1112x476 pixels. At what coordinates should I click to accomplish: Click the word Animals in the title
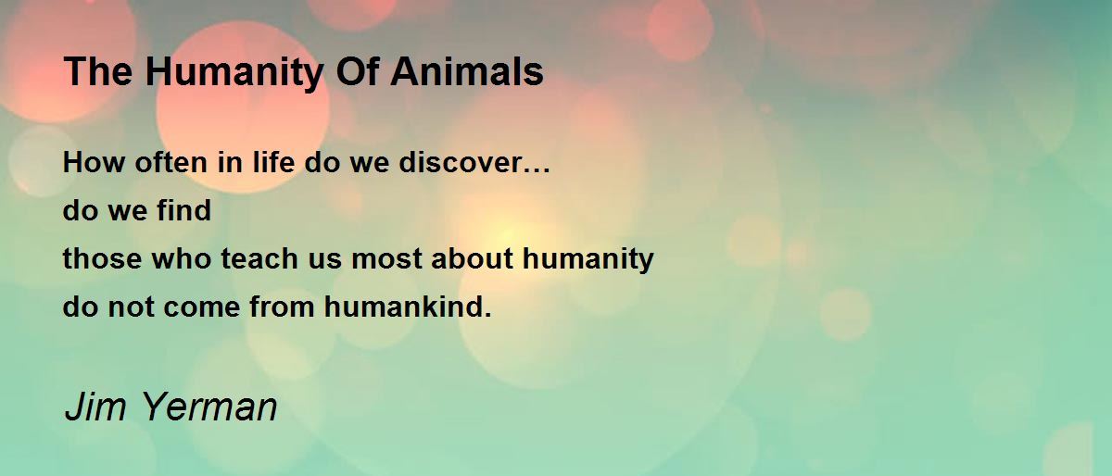click(467, 71)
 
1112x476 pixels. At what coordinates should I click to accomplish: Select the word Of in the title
click(358, 71)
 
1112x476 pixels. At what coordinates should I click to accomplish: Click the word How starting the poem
click(94, 162)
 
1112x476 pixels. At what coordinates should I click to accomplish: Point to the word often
click(171, 162)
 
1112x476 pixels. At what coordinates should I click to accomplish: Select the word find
click(184, 210)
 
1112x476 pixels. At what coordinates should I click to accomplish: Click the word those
click(102, 258)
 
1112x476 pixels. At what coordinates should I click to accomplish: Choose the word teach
click(259, 258)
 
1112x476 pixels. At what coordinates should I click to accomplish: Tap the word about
click(472, 258)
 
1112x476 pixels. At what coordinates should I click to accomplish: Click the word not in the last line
click(131, 307)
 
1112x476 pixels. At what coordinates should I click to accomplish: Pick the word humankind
click(402, 307)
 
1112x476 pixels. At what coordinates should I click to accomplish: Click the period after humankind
click(487, 315)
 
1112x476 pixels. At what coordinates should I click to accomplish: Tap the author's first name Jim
click(95, 407)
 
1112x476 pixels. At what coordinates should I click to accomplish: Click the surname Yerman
click(209, 407)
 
